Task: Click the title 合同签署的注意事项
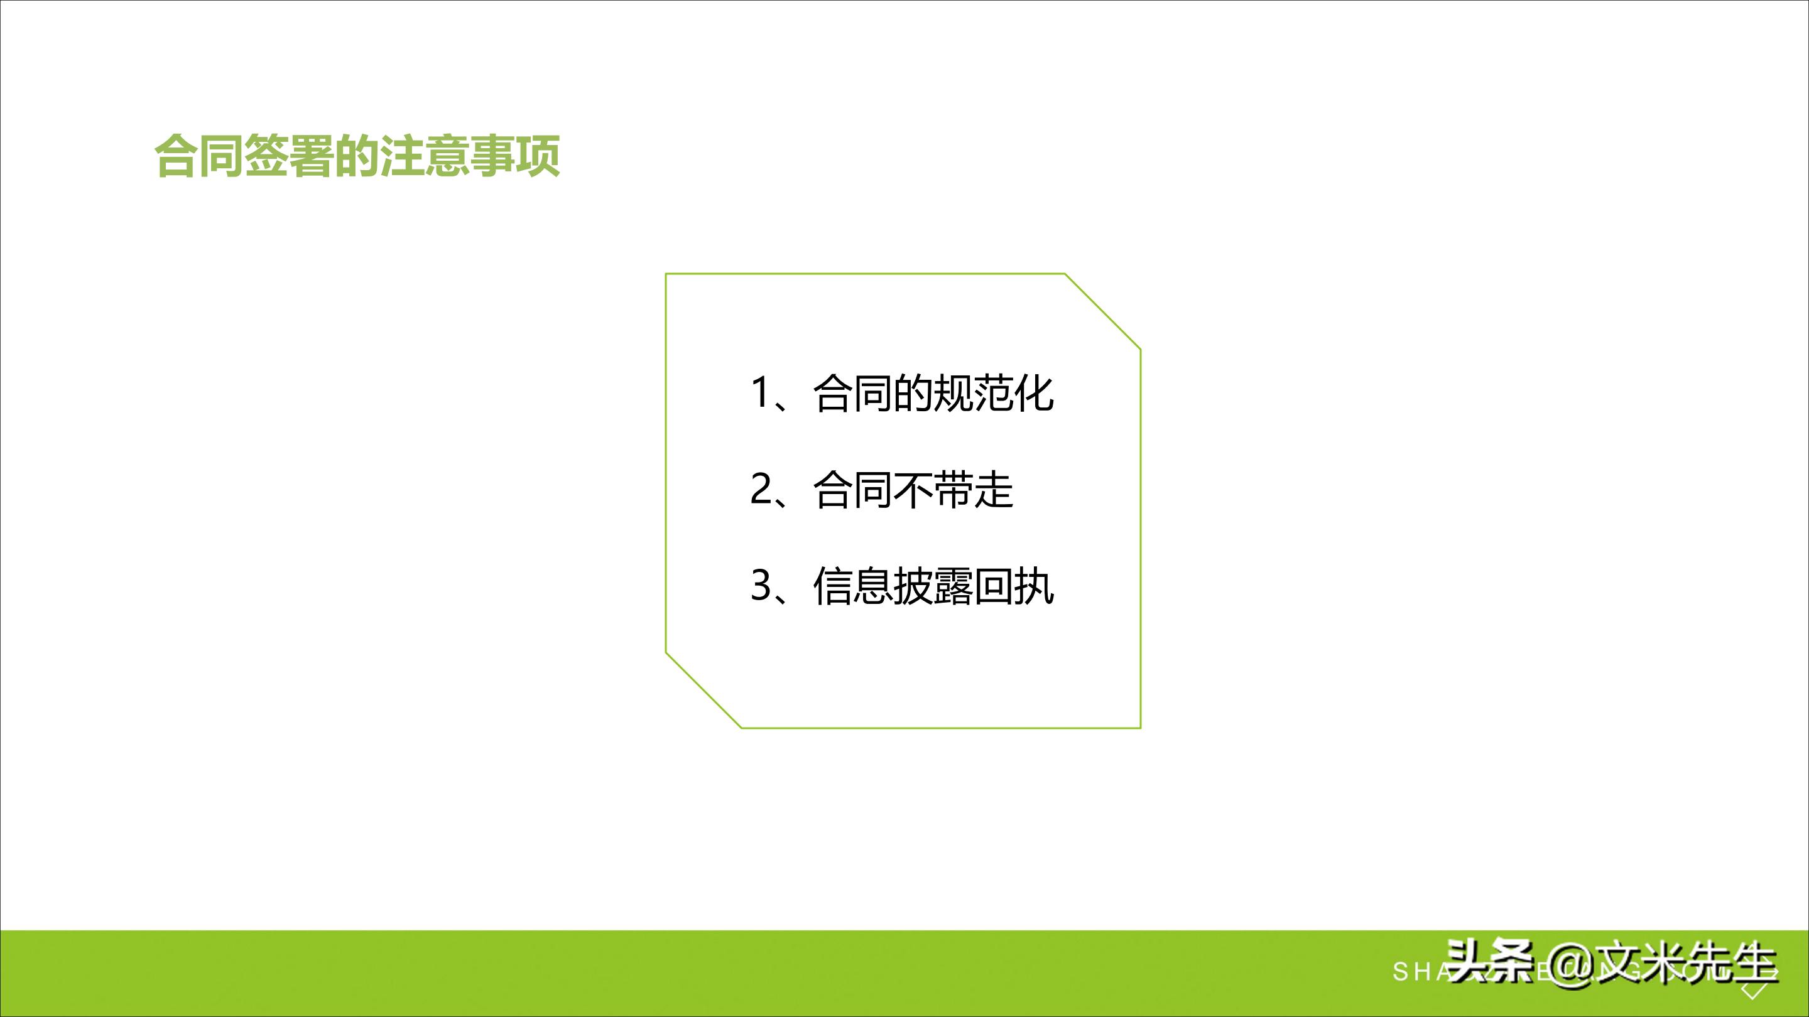click(357, 156)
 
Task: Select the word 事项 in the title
click(515, 156)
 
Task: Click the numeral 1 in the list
click(761, 393)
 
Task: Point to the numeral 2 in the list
click(761, 489)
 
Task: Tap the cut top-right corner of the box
click(1102, 311)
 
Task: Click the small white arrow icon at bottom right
click(1754, 992)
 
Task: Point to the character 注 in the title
click(403, 156)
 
